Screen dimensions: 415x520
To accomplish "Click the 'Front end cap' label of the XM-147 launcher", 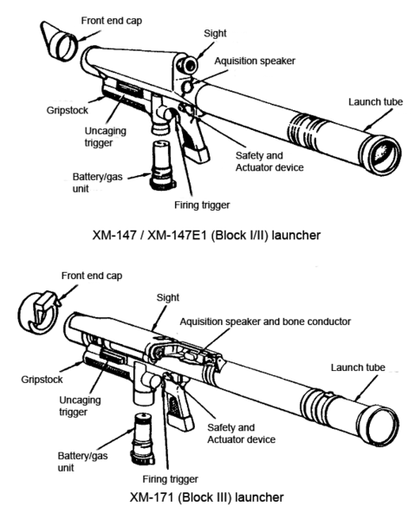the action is [x=112, y=21].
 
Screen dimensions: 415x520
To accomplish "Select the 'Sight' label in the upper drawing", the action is [x=215, y=34].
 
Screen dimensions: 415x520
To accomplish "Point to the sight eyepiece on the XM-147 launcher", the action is [x=190, y=65].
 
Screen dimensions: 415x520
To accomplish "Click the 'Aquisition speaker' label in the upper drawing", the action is [x=255, y=61].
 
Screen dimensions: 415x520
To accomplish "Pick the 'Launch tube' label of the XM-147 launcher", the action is [x=375, y=101].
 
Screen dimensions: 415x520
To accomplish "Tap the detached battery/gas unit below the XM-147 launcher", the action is [x=161, y=165].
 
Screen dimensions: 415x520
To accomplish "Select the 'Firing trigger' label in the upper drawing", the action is [x=202, y=205].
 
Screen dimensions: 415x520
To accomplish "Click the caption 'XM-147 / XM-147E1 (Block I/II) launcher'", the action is [x=206, y=235].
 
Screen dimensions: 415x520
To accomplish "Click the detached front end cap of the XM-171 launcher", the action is [x=38, y=313].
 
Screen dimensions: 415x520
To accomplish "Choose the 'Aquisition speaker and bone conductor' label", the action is [x=265, y=322].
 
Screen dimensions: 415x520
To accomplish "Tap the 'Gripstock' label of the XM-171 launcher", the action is [x=42, y=380].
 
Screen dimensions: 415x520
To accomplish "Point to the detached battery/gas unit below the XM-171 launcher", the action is [x=142, y=439].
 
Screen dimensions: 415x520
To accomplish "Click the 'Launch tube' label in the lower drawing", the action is [x=358, y=367].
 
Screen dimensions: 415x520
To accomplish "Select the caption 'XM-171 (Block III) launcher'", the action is [x=206, y=497].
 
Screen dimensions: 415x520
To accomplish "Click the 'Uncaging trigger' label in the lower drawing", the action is [x=80, y=406].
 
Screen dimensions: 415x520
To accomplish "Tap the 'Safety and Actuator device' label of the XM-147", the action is [x=269, y=161].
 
